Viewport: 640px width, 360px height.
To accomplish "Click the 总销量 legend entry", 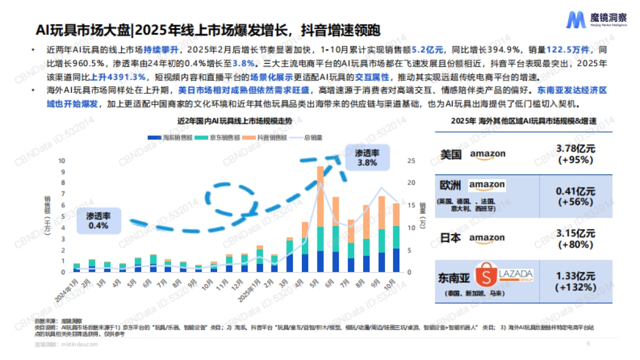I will tap(310, 137).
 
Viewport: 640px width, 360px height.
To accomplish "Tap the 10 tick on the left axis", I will tap(62, 161).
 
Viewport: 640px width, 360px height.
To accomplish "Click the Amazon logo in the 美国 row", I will tap(487, 155).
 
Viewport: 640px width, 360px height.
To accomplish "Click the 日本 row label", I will tap(450, 238).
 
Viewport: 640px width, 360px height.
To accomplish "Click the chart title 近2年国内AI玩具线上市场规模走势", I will tap(235, 122).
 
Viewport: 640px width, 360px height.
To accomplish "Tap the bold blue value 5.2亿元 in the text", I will tap(428, 50).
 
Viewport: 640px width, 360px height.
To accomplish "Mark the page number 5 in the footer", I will tap(588, 344).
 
